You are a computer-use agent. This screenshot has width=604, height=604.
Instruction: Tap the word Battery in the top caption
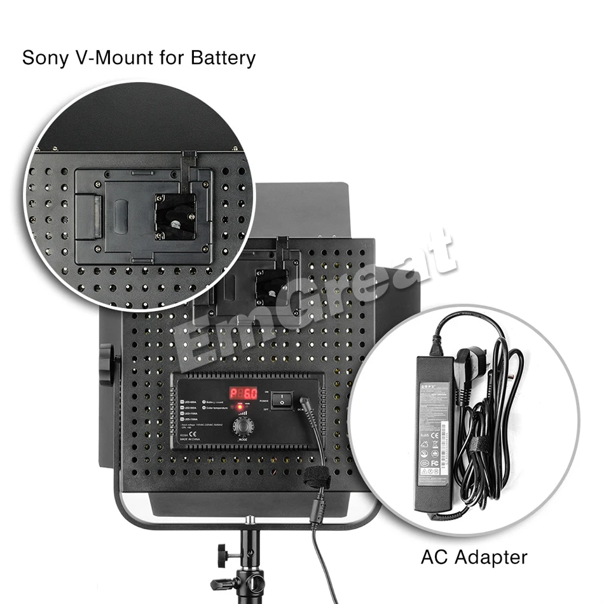[x=222, y=58]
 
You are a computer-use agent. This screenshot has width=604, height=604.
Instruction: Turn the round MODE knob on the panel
[x=241, y=425]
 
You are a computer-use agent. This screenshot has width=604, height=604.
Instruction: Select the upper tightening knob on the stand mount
[x=223, y=551]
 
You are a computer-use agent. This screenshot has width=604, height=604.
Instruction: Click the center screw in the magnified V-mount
[x=174, y=222]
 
